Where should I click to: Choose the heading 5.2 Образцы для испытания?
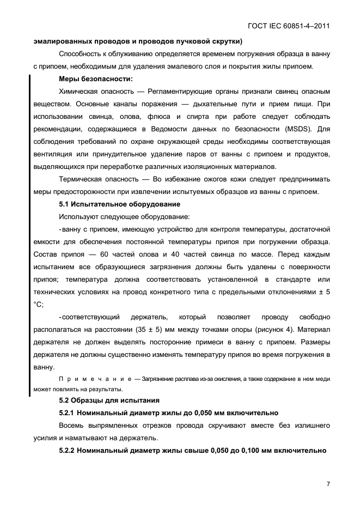101,401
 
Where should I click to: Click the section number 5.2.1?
70,413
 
